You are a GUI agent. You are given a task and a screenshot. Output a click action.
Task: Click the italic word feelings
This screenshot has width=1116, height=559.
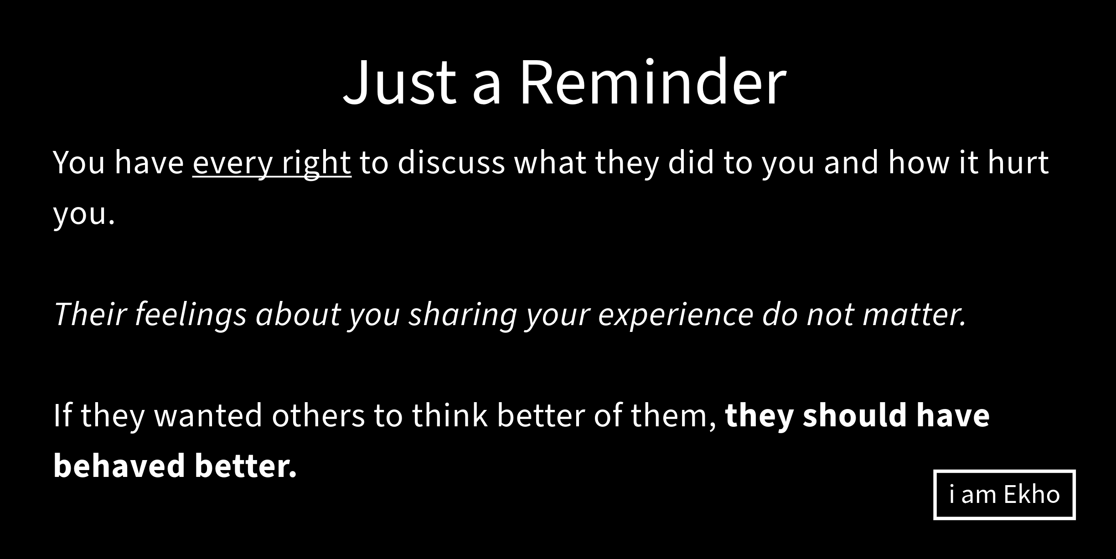[x=191, y=315]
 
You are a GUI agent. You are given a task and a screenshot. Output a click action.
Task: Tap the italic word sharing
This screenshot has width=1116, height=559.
[x=463, y=315]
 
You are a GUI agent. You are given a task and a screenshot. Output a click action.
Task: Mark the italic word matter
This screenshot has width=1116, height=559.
[x=914, y=315]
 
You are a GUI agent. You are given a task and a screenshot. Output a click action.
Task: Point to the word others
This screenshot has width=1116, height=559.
[x=318, y=415]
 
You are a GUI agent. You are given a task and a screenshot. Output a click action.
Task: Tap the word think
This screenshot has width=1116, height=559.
[x=449, y=414]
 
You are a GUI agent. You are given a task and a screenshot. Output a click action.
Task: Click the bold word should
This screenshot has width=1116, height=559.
[x=855, y=414]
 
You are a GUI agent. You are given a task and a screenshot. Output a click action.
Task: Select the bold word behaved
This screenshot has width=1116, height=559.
[x=119, y=466]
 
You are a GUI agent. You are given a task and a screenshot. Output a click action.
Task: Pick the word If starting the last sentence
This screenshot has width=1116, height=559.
[x=62, y=414]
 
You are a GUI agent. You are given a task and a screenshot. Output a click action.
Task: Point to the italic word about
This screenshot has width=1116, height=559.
[x=298, y=314]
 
